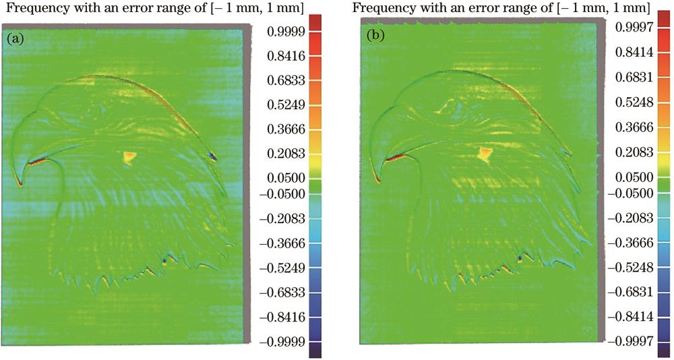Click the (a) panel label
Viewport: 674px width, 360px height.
[x=16, y=39]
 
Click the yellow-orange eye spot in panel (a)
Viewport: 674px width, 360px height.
[x=128, y=157]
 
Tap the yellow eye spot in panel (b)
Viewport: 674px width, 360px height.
[x=484, y=154]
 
